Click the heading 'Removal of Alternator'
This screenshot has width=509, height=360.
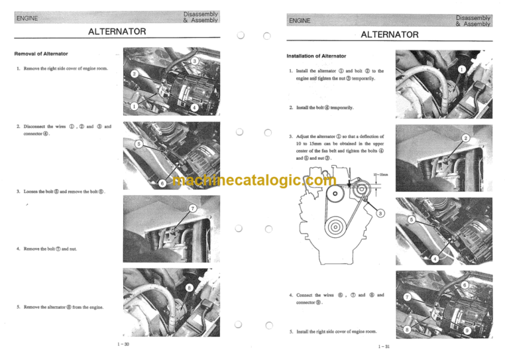[x=41, y=53]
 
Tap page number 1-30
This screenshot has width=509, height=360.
[x=123, y=344]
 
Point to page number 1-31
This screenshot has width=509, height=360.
[x=383, y=347]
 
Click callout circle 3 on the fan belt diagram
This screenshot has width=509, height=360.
[x=381, y=213]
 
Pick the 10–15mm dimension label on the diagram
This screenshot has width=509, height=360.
[x=380, y=175]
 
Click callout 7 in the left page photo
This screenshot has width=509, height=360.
[x=193, y=209]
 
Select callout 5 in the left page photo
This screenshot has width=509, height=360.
[x=138, y=143]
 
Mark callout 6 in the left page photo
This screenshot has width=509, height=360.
[x=162, y=183]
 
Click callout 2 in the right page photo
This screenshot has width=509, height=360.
[x=465, y=138]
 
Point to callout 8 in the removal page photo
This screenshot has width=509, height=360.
[x=190, y=288]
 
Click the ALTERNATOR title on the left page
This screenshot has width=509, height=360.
[x=117, y=31]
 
